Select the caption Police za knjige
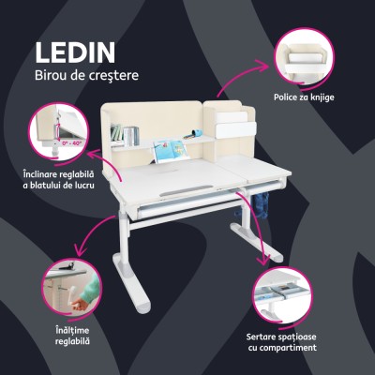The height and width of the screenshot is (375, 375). click(305, 97)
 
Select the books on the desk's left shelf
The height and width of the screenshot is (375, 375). click(119, 132)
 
